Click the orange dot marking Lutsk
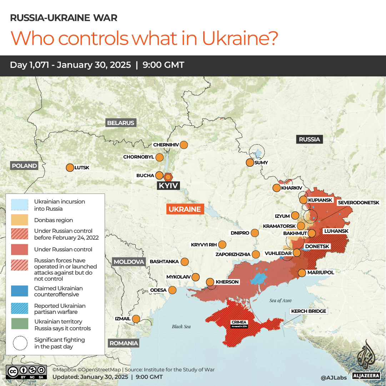pos(69,167)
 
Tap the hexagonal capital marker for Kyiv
pos(168,176)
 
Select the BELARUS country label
pos(121,123)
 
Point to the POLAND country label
pos(24,166)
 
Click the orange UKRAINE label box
pos(185,209)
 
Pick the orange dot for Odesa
pos(172,290)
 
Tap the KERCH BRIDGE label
pos(309,311)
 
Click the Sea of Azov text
pos(281,301)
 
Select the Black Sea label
pos(181,326)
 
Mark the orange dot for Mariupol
pos(302,273)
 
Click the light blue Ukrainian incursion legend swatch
pos(20,205)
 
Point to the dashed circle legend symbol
pos(20,343)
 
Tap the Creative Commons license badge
pos(26,371)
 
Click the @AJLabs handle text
pos(334,377)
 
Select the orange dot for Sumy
pos(250,162)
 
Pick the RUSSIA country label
pos(309,139)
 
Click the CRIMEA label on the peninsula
pos(239,322)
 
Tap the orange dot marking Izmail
pos(136,319)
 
